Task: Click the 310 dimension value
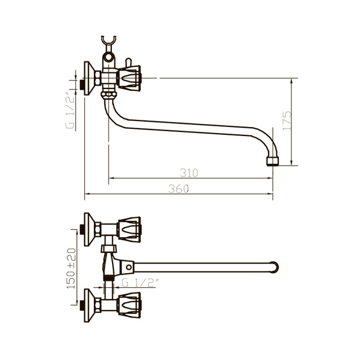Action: coord(188,173)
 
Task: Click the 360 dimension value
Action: coord(179,188)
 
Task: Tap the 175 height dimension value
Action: coord(287,121)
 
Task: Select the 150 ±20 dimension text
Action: coord(71,268)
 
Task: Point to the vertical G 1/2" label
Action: coord(70,110)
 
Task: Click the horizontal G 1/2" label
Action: coord(140,282)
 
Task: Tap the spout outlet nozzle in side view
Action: coord(273,161)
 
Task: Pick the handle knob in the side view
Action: coord(129,78)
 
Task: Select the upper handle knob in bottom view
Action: coord(129,229)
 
